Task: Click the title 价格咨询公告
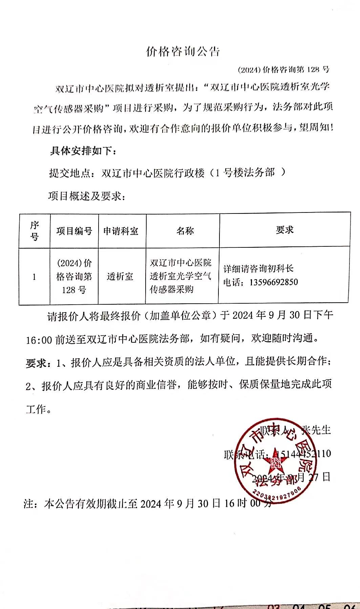tap(183, 52)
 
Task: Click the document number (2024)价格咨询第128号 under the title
tap(283, 70)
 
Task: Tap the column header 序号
tap(35, 230)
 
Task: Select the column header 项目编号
tap(74, 231)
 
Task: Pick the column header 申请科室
tap(121, 231)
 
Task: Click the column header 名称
tap(185, 231)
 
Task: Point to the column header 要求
tap(284, 230)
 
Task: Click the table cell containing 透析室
tap(120, 277)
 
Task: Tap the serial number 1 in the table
tap(34, 277)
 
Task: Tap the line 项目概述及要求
tap(86, 196)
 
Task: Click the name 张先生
tap(315, 430)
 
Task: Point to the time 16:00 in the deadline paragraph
tap(39, 339)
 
